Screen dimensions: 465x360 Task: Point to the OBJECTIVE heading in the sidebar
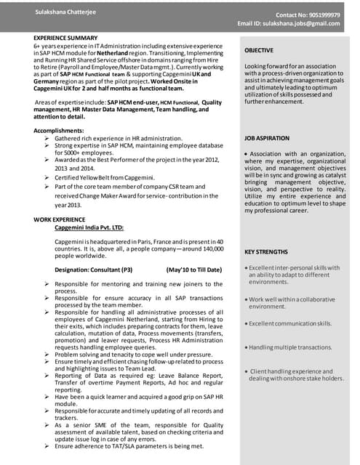point(259,50)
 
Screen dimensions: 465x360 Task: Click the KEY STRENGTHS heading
point(266,251)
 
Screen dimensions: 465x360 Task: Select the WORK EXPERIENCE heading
point(59,219)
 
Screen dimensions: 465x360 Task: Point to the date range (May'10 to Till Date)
point(194,270)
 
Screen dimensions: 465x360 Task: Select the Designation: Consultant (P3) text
point(94,270)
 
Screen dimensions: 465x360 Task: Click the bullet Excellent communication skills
point(290,323)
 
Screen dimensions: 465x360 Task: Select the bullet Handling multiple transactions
point(290,347)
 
